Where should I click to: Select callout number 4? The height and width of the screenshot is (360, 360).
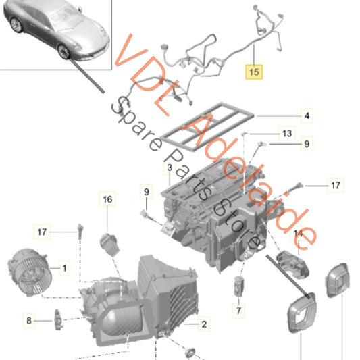click(306, 116)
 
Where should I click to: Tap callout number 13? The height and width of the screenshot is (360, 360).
click(286, 134)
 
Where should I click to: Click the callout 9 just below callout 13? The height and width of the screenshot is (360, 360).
click(305, 143)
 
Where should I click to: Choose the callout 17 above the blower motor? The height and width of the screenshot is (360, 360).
click(42, 232)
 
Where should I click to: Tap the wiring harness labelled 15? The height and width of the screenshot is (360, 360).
click(203, 54)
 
